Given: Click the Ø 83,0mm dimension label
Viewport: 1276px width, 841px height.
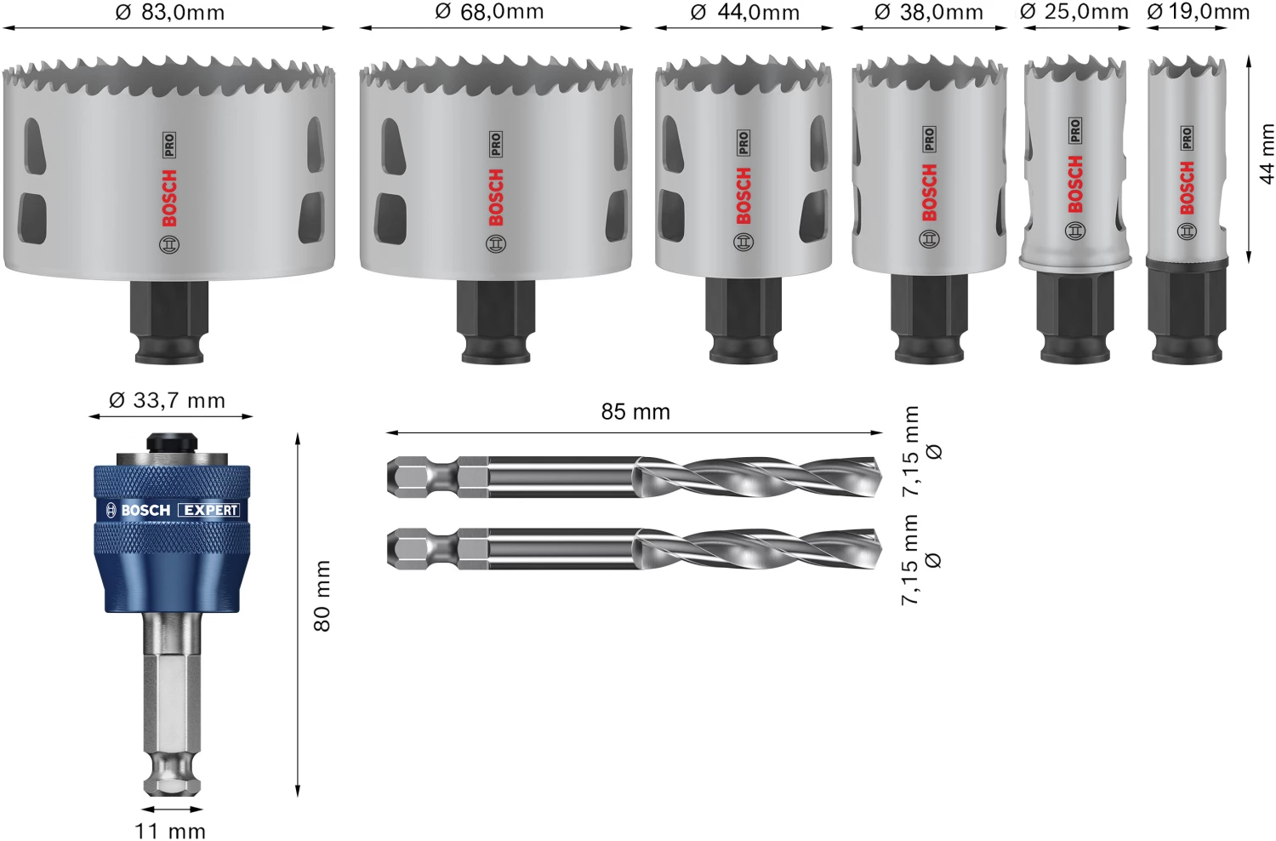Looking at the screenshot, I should tap(170, 13).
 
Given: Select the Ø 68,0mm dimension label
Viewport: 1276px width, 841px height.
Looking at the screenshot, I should tap(489, 12).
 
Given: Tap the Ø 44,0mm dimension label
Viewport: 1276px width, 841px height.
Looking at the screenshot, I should tap(745, 13).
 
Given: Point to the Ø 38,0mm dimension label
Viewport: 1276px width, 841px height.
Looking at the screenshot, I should tap(929, 13).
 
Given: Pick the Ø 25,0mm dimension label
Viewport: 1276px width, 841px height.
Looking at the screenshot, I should tap(1074, 12).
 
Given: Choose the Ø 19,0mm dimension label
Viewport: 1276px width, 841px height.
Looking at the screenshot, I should tap(1199, 12).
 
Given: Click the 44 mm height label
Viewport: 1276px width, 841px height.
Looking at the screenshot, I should tap(1267, 154).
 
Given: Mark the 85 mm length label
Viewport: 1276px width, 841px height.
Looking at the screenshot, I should tap(635, 412).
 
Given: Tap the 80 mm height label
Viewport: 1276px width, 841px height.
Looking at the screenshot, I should tap(322, 596).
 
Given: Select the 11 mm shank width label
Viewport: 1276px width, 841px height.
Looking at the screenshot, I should tap(170, 831).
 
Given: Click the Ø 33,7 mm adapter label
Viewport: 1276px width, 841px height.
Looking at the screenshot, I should tap(168, 400).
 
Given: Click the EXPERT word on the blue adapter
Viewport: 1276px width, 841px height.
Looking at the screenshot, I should tap(210, 510).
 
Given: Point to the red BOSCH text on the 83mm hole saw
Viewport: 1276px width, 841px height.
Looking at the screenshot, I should tap(169, 197).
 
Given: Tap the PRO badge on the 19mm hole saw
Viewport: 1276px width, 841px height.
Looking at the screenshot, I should tap(1187, 138).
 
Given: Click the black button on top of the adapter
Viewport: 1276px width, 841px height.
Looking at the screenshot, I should tap(171, 443).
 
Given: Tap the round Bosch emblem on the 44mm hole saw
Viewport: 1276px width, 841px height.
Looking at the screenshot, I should tap(743, 243).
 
